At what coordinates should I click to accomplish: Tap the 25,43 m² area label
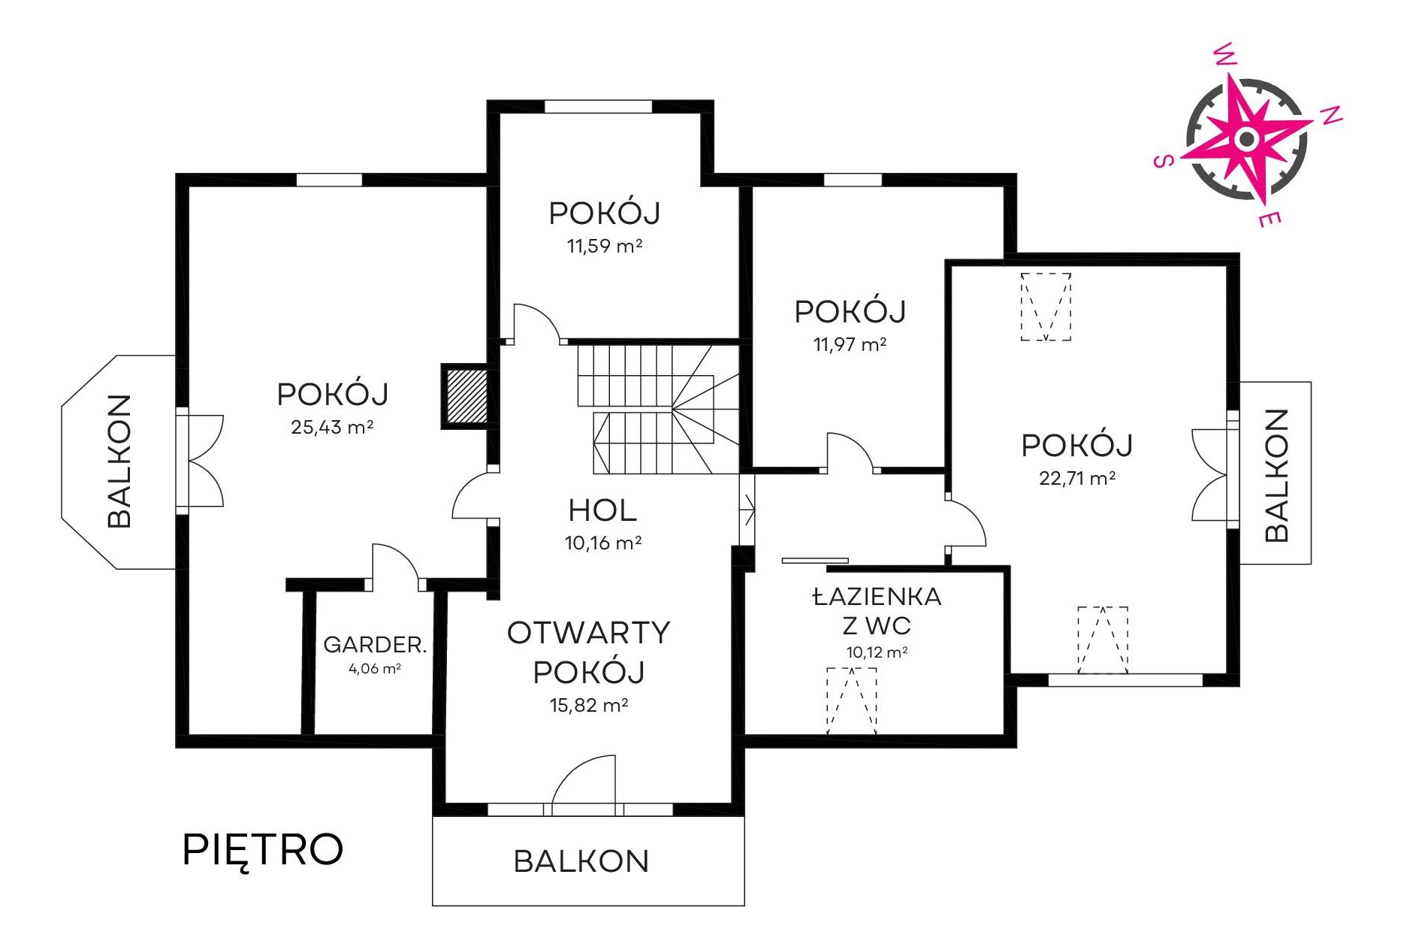[x=332, y=427]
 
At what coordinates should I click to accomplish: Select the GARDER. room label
[x=375, y=644]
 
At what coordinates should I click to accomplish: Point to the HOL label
[x=602, y=510]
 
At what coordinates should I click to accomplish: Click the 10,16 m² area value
[x=603, y=543]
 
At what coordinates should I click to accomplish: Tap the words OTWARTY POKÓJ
[x=589, y=652]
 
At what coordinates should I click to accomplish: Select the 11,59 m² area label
[x=605, y=246]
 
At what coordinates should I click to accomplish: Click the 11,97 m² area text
[x=850, y=344]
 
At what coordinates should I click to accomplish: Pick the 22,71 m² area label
[x=1077, y=478]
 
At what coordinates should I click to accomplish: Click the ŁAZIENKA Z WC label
[x=877, y=611]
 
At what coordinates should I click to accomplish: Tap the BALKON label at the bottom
[x=581, y=861]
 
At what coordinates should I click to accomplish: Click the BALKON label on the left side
[x=119, y=461]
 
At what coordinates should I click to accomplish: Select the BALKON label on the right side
[x=1276, y=475]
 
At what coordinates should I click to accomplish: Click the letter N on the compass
[x=1331, y=115]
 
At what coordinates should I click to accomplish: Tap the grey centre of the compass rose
[x=1247, y=138]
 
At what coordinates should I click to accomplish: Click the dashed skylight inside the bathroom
[x=852, y=700]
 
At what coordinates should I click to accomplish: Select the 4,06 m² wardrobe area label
[x=375, y=668]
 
